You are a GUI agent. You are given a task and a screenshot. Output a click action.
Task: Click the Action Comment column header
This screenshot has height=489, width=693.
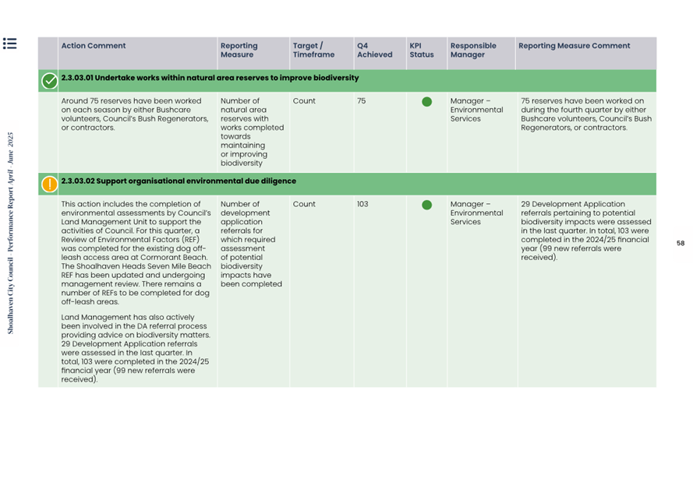(x=93, y=46)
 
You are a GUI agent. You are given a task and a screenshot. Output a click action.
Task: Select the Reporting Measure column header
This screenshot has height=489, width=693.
(x=239, y=51)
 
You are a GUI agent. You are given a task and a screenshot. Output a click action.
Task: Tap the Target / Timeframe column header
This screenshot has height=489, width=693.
(x=313, y=51)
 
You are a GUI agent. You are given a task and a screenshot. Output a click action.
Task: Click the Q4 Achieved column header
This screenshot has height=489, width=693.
(x=374, y=51)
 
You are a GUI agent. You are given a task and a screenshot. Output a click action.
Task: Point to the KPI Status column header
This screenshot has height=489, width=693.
(x=421, y=51)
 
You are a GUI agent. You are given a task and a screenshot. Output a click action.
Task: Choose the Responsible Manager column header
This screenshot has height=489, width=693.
(x=473, y=51)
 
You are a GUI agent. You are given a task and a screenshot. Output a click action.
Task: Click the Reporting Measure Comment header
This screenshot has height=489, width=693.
(x=574, y=46)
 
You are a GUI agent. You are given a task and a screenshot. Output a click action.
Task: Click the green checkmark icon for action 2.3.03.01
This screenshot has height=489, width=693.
(x=49, y=80)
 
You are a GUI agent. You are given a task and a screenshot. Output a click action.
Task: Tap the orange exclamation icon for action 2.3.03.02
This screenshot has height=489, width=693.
(x=49, y=184)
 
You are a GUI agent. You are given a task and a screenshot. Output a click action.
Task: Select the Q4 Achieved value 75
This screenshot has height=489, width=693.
(x=362, y=101)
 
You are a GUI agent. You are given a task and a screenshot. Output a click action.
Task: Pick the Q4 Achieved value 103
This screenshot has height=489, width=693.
(x=363, y=205)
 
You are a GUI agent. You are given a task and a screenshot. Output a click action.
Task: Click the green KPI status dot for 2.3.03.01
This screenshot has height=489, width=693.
(x=426, y=102)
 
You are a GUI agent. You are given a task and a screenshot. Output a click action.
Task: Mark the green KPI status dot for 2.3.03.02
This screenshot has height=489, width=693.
(x=426, y=206)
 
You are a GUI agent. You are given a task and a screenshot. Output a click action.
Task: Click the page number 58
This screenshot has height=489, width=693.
(x=681, y=244)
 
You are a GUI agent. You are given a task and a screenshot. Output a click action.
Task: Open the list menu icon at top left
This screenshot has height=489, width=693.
(x=9, y=44)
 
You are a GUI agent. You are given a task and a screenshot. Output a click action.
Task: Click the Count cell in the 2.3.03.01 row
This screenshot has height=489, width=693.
(x=304, y=101)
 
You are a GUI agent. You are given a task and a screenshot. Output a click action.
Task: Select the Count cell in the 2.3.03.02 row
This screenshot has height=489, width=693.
(x=304, y=205)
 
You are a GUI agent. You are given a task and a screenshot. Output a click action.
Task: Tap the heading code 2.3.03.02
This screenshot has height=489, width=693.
(x=78, y=181)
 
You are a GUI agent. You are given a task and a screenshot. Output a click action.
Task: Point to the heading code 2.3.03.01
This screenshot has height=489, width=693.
(x=77, y=78)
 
